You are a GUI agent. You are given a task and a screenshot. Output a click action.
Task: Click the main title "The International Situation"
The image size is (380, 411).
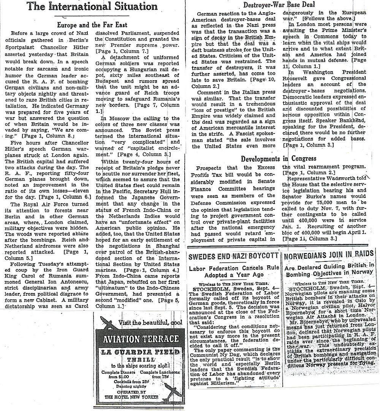pos(93,6)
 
